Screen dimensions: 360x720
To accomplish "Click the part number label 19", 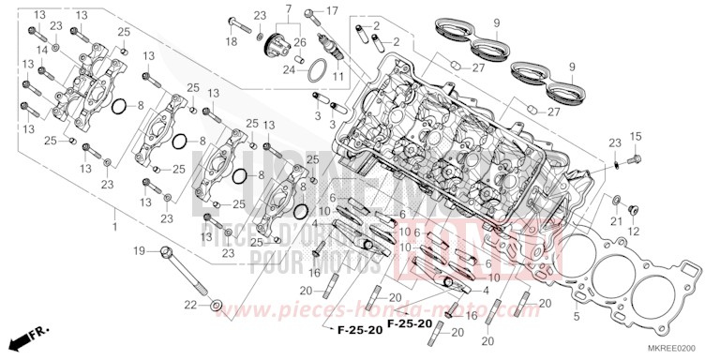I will click(138, 250).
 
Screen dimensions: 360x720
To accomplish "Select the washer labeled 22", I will click(217, 305).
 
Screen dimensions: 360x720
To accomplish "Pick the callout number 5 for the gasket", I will click(577, 317).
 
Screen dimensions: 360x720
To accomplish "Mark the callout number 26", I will click(299, 42).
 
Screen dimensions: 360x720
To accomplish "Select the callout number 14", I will click(41, 48).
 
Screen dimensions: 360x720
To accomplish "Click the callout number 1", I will click(114, 228).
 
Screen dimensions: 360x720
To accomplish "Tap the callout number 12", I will click(634, 231).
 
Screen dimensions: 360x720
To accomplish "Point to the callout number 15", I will click(635, 137).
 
